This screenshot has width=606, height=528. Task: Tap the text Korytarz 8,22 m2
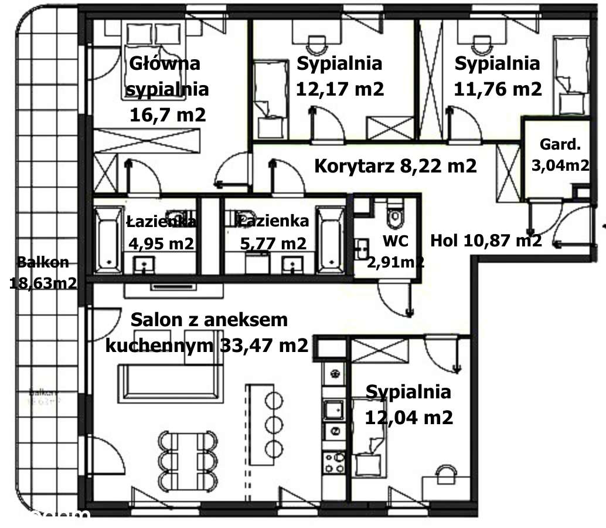(396, 166)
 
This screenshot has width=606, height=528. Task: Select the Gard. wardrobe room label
(560, 145)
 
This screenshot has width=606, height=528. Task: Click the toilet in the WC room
(396, 215)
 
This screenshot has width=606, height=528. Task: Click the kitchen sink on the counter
(335, 409)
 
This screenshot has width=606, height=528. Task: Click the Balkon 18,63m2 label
(43, 273)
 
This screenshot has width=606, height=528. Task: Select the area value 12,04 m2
(408, 418)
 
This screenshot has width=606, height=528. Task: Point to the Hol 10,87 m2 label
(486, 240)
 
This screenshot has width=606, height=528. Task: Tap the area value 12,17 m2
(340, 89)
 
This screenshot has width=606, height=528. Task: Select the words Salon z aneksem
(209, 320)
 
